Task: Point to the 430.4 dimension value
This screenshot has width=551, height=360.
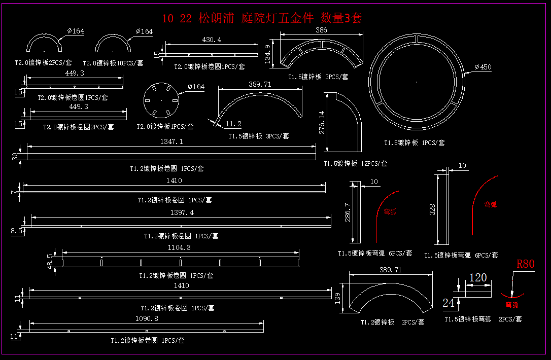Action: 212,40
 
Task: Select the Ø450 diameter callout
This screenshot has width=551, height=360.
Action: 483,67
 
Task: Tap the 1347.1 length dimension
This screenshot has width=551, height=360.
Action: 171,142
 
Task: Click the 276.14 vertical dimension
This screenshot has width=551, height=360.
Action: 322,123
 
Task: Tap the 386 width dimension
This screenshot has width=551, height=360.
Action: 321,30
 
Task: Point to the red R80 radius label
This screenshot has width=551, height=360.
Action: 526,264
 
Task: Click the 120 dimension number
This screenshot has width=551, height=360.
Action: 478,278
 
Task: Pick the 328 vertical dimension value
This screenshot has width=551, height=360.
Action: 432,209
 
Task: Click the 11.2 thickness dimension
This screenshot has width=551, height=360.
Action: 233,124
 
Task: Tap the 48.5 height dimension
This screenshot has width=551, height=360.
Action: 50,262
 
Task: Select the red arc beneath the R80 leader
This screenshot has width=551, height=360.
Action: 512,296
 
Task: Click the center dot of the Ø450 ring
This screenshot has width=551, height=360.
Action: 417,82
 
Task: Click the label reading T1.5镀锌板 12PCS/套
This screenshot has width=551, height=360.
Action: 356,163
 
